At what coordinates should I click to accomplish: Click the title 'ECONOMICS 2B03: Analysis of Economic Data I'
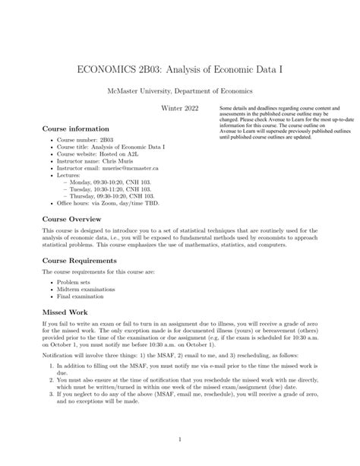180,68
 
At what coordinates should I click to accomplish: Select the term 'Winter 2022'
180,109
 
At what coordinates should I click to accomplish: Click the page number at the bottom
180,439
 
